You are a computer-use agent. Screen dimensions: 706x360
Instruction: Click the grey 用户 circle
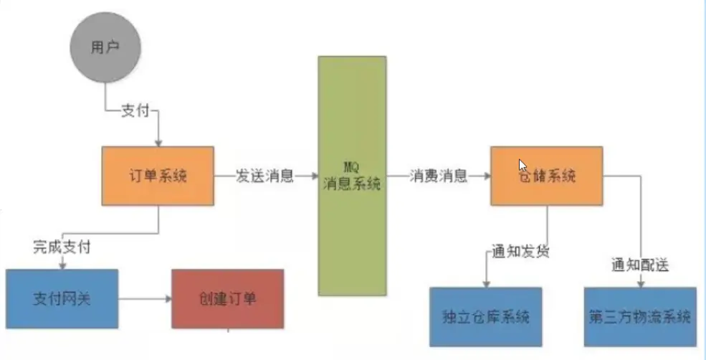click(104, 48)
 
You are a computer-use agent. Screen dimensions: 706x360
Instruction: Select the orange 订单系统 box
click(158, 176)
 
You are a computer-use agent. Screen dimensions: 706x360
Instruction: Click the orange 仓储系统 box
click(546, 176)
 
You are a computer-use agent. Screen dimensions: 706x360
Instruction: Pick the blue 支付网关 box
click(62, 298)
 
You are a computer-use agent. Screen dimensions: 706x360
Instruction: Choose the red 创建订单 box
click(227, 298)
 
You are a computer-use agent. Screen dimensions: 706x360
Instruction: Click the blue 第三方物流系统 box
click(640, 316)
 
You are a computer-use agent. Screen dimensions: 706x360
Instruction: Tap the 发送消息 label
click(264, 176)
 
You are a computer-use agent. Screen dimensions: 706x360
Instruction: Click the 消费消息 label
click(439, 176)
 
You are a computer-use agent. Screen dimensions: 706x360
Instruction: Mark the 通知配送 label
click(640, 265)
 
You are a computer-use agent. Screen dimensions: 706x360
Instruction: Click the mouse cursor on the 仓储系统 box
click(523, 164)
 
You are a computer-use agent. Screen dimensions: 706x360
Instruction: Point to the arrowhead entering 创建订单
click(167, 298)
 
